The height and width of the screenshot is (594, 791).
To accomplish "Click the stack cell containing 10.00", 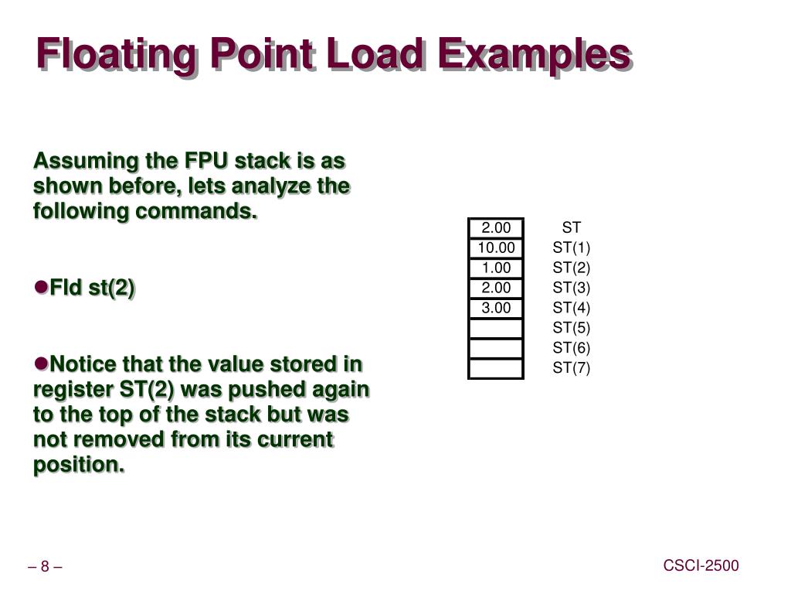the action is click(x=496, y=247).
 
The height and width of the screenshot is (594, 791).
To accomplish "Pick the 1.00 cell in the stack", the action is click(x=496, y=268).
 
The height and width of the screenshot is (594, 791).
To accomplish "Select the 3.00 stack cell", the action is click(x=496, y=308).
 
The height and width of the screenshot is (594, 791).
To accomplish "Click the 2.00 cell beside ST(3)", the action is click(x=496, y=288).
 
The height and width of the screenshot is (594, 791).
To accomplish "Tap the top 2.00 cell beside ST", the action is click(x=496, y=227).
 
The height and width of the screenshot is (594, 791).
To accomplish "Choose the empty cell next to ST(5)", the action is click(x=496, y=328).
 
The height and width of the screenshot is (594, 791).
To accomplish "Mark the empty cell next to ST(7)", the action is click(x=496, y=368).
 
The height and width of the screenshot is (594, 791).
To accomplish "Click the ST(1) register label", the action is click(x=571, y=247).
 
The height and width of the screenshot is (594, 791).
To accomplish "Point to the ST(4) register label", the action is click(x=571, y=308).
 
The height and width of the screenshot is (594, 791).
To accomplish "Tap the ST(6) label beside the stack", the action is click(x=571, y=348).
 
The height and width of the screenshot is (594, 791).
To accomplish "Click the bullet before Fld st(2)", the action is click(x=41, y=287).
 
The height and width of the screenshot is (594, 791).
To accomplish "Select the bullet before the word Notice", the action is click(x=41, y=363).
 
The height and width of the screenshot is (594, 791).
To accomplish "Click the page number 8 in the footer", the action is click(x=45, y=567).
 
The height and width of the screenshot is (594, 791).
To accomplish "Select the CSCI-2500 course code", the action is click(x=701, y=566).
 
